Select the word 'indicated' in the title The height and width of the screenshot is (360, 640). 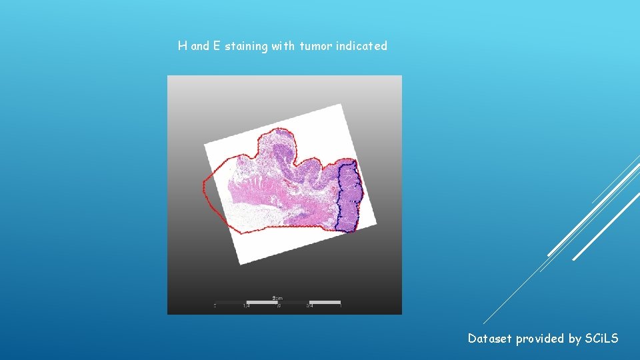(x=362, y=47)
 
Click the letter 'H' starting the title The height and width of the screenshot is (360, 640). (x=182, y=47)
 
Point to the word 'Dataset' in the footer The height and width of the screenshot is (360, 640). (x=490, y=339)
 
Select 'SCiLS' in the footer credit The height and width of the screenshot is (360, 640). (x=601, y=339)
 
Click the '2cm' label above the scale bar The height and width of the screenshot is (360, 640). (x=277, y=297)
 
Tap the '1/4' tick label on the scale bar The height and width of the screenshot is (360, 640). (x=246, y=307)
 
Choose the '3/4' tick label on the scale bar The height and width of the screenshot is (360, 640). (x=309, y=307)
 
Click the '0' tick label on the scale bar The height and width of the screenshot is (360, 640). (x=215, y=307)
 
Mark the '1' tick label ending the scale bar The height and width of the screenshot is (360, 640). (x=341, y=307)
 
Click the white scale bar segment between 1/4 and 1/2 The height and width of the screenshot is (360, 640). (x=262, y=302)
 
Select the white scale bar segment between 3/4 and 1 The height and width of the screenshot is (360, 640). (x=325, y=302)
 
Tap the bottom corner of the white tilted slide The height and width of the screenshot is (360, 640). (x=239, y=265)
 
